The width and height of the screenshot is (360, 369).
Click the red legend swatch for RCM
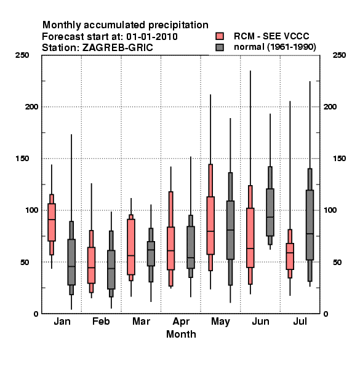(x=220, y=36)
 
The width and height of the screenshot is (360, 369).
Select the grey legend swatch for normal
(x=220, y=47)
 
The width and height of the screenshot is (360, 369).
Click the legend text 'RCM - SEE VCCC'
(x=271, y=36)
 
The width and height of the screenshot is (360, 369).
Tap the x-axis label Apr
(x=181, y=322)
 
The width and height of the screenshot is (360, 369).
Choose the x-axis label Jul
(x=300, y=321)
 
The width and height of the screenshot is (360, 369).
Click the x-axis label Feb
(x=101, y=321)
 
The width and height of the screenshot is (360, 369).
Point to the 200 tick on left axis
(x=31, y=106)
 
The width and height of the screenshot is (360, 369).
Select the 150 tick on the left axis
(x=22, y=159)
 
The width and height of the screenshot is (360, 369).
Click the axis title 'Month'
(x=181, y=334)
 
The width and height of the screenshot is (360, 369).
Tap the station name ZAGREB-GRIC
(x=118, y=48)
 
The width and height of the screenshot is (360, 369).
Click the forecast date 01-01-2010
(x=152, y=37)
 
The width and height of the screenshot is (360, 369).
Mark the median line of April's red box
(x=170, y=251)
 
